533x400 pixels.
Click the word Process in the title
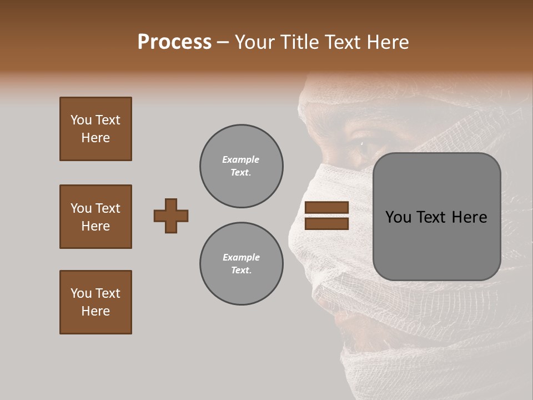(174, 42)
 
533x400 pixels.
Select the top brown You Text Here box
(95, 129)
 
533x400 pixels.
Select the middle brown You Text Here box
(95, 217)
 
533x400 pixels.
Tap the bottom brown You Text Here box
(95, 302)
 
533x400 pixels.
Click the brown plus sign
(171, 216)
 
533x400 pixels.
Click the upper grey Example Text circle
(241, 166)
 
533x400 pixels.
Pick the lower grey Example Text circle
(241, 264)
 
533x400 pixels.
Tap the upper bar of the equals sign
(326, 207)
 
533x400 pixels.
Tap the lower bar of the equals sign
(326, 224)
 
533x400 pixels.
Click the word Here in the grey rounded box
(469, 217)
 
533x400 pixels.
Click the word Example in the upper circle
(241, 160)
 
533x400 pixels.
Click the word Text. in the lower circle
(241, 271)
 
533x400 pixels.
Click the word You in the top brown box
(81, 120)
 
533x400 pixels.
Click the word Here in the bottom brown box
(95, 311)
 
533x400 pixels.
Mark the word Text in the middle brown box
(108, 208)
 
